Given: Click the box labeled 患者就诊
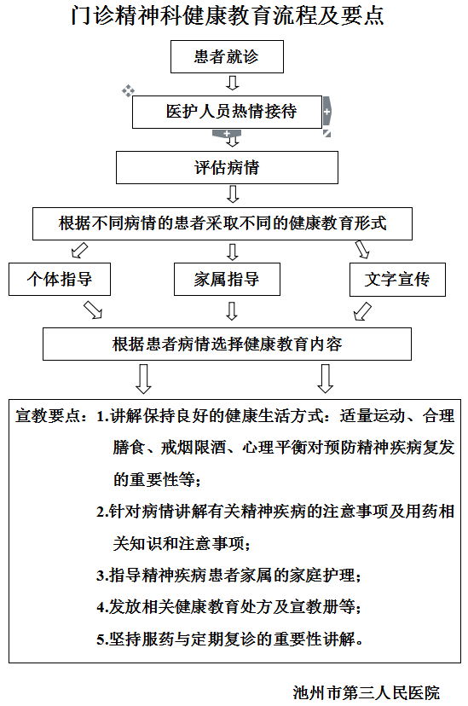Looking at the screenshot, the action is point(227,57).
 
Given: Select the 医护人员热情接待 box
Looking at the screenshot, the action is point(227,112).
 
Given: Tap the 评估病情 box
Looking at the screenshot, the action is point(227,167).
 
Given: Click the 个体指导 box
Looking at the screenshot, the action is point(60,279).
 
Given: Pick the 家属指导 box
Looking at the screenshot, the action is point(227,279).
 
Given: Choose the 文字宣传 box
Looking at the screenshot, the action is point(397,280).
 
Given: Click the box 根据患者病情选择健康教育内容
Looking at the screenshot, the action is point(227,344).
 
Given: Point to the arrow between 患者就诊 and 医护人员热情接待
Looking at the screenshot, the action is point(232,83).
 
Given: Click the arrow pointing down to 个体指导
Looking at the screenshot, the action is point(80,251).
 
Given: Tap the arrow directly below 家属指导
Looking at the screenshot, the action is point(232,311).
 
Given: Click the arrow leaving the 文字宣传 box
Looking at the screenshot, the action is point(362,311).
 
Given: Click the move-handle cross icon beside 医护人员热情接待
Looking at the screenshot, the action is point(128,90).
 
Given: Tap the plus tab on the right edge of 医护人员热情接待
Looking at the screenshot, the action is point(327,111).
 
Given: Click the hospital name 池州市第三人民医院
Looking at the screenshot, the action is point(366,692).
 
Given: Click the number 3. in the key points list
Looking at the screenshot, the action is point(101,576).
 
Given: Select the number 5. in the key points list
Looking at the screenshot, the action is point(101,639).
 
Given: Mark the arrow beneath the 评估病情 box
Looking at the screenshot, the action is point(232,194).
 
